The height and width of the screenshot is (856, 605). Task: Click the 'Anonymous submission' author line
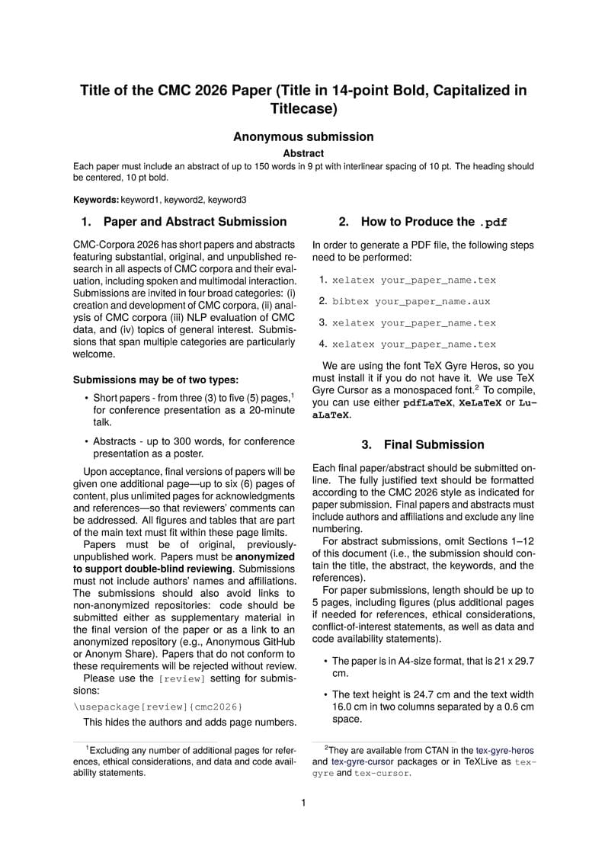pos(303,137)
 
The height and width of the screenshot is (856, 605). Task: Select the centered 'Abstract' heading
pos(303,153)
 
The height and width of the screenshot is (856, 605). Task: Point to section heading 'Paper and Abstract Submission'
pos(194,222)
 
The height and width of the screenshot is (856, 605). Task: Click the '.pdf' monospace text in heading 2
pos(493,223)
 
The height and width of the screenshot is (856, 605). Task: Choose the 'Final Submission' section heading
pos(434,444)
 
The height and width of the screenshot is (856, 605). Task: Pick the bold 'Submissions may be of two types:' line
pos(155,380)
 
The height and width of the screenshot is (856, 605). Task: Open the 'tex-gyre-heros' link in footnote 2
pos(506,750)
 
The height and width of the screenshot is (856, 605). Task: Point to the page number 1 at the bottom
pos(303,803)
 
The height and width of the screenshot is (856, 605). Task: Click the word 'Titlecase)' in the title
pos(303,109)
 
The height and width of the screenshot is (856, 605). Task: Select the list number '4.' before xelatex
pos(323,344)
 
